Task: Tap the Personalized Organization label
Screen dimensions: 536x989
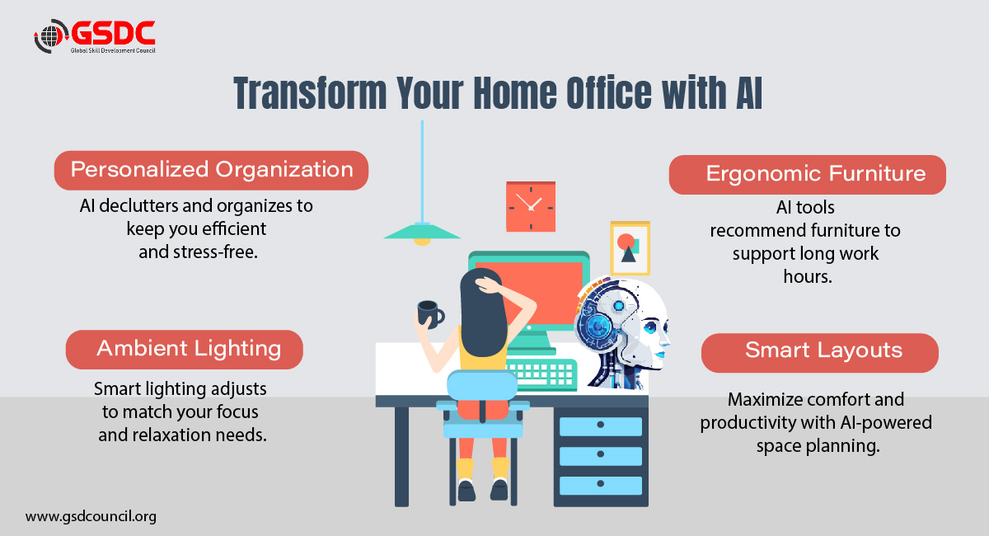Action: pyautogui.click(x=211, y=170)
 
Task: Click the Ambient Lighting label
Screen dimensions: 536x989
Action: pyautogui.click(x=188, y=349)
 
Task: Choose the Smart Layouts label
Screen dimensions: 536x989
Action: pyautogui.click(x=823, y=350)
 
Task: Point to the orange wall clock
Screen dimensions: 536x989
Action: pyautogui.click(x=530, y=206)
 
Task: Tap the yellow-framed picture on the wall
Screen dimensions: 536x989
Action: pyautogui.click(x=630, y=248)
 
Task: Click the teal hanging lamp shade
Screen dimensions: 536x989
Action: pyautogui.click(x=422, y=231)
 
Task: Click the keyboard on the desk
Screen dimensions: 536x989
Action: pyautogui.click(x=541, y=371)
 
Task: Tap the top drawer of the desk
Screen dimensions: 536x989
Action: pyautogui.click(x=600, y=426)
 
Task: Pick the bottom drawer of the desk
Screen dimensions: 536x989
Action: pyautogui.click(x=600, y=485)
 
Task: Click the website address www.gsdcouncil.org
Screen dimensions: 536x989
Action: pyautogui.click(x=91, y=517)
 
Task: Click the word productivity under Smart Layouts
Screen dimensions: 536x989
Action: pyautogui.click(x=750, y=422)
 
